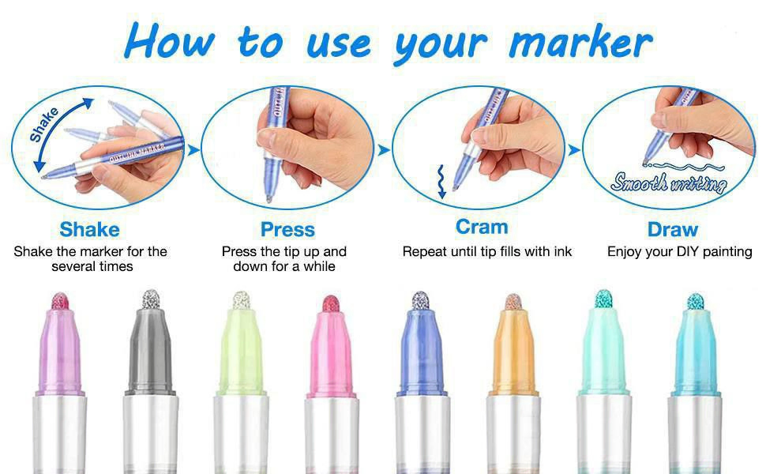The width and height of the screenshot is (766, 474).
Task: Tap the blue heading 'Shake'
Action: (x=89, y=229)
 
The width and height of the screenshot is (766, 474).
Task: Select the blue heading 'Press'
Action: (x=287, y=229)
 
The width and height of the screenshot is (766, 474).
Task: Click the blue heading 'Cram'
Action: (x=482, y=227)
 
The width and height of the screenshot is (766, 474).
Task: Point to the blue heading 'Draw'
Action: (x=673, y=229)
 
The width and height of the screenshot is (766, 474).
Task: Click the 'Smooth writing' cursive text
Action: (x=668, y=182)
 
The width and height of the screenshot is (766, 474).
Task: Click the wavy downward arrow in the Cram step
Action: (x=441, y=181)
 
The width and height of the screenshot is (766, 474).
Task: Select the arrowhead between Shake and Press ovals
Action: (x=193, y=150)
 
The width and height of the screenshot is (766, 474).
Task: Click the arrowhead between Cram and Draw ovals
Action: (x=575, y=149)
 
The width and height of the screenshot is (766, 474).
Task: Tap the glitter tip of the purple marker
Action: (x=60, y=300)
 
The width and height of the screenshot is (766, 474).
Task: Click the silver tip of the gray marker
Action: (x=151, y=299)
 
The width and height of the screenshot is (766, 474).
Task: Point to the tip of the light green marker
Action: (x=242, y=300)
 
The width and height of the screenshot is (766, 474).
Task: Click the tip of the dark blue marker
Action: (x=421, y=300)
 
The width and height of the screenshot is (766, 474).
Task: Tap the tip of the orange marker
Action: (x=513, y=302)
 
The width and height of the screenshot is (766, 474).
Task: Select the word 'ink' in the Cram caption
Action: (x=563, y=252)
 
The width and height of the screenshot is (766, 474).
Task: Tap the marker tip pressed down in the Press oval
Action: (x=268, y=198)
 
